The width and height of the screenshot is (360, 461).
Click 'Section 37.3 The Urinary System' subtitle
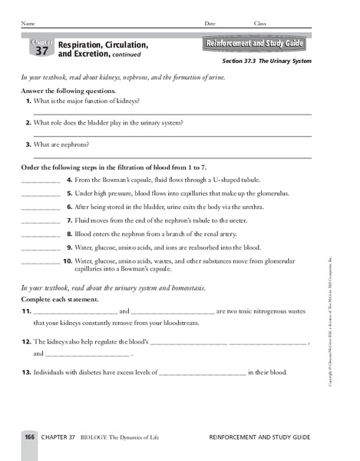[x=266, y=61]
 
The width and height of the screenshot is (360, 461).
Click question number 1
[x=28, y=101]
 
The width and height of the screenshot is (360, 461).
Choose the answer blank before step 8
[x=40, y=234]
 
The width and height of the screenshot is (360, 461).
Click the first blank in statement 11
[x=75, y=312]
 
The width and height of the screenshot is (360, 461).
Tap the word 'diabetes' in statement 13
[x=93, y=373]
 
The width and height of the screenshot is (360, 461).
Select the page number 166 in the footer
[x=29, y=436]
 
